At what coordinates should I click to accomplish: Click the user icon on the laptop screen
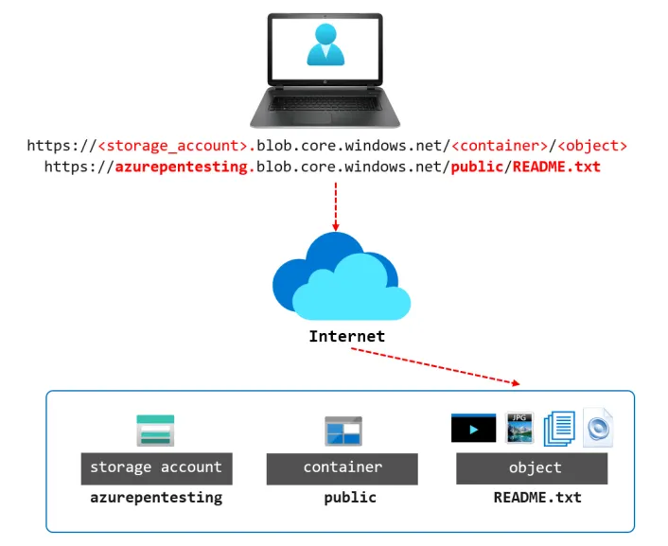pyautogui.click(x=325, y=44)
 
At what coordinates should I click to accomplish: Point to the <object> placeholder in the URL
pyautogui.click(x=592, y=147)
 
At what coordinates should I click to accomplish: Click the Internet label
pyautogui.click(x=347, y=336)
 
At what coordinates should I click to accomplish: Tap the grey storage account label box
pyautogui.click(x=156, y=467)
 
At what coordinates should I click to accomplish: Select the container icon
pyautogui.click(x=343, y=431)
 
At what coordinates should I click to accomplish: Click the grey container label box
pyautogui.click(x=343, y=467)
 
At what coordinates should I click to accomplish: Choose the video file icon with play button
pyautogui.click(x=474, y=428)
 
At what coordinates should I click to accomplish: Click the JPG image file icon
pyautogui.click(x=520, y=428)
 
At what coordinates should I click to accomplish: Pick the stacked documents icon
pyautogui.click(x=560, y=428)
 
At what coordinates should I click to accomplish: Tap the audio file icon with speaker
pyautogui.click(x=599, y=428)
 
